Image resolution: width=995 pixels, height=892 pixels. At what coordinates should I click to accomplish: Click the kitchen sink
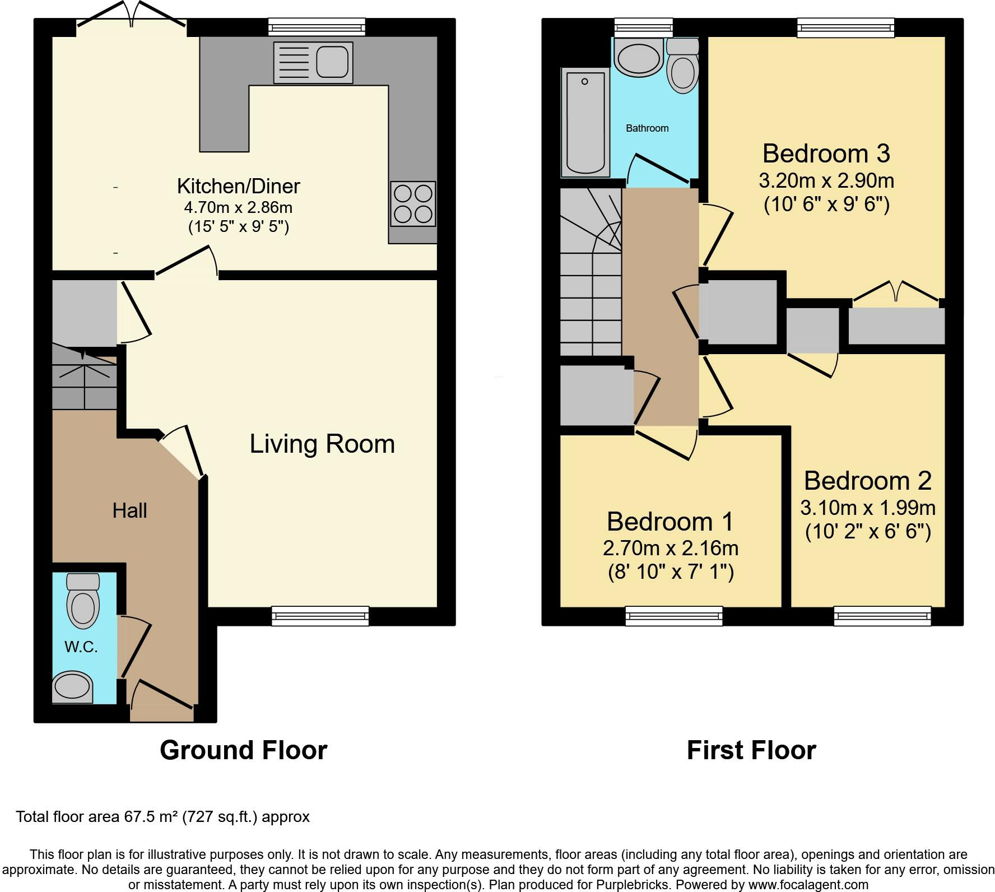[x=313, y=63]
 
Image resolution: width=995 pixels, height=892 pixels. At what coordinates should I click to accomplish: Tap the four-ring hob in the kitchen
[x=413, y=203]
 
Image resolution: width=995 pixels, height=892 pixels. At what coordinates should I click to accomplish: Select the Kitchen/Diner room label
[x=239, y=185]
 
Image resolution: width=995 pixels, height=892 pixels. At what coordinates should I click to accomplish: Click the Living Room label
[x=322, y=444]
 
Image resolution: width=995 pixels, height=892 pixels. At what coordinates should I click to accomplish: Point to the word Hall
[x=129, y=510]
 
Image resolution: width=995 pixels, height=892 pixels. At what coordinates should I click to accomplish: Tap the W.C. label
[x=81, y=647]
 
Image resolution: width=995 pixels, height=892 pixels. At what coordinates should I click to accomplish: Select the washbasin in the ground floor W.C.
[x=72, y=687]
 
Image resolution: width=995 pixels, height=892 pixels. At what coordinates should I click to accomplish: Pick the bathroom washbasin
[x=638, y=57]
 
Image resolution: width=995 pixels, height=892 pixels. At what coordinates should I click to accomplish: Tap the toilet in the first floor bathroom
[x=682, y=66]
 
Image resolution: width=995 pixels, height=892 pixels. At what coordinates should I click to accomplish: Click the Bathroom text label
[x=647, y=128]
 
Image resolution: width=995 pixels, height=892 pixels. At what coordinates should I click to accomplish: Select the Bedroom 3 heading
[x=826, y=153]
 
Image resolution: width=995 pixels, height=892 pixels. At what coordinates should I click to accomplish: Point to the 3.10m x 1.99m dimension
[x=868, y=508]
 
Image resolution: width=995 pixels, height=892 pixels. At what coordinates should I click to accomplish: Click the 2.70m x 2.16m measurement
[x=671, y=548]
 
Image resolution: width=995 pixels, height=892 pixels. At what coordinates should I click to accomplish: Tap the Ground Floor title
[x=244, y=750]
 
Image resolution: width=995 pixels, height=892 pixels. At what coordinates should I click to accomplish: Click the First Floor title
[x=751, y=750]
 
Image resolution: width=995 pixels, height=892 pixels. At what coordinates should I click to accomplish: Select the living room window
[x=320, y=616]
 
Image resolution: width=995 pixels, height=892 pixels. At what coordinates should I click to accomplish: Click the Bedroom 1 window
[x=674, y=616]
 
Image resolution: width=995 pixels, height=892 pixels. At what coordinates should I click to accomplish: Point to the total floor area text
[x=162, y=817]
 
